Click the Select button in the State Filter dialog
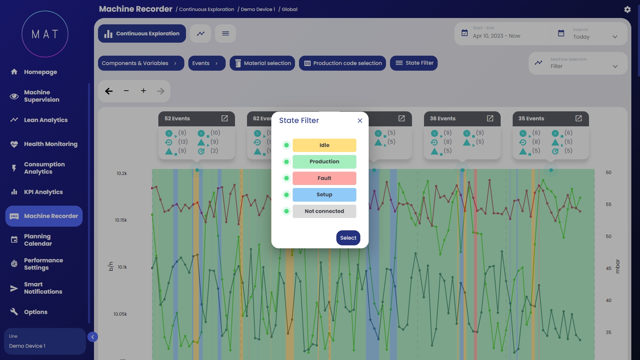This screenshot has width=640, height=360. point(348,238)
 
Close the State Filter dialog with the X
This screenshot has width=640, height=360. point(360,121)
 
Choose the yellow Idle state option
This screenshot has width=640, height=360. point(324,145)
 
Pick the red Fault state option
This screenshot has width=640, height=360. point(324,178)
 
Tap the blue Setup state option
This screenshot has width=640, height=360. point(324,195)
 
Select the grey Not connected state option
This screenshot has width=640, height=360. point(324,211)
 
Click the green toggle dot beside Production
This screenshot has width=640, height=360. point(286,162)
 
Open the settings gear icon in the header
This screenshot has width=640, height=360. point(627,9)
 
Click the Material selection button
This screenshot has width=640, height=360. point(262,63)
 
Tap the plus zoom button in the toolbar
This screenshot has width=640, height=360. point(143,91)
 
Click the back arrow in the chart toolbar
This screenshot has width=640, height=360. point(109,91)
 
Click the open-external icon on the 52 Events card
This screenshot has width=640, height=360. point(225,119)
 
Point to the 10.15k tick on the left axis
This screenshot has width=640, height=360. point(121,220)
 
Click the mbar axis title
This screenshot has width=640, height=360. point(618,266)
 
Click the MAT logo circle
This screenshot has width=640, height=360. point(45,34)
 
